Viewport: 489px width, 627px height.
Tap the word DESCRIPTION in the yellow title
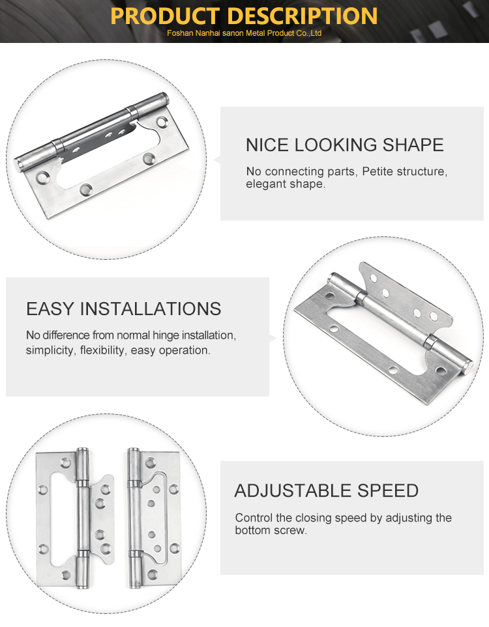[304, 16]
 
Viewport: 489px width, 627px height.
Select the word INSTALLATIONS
[151, 309]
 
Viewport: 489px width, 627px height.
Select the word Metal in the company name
[255, 33]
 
